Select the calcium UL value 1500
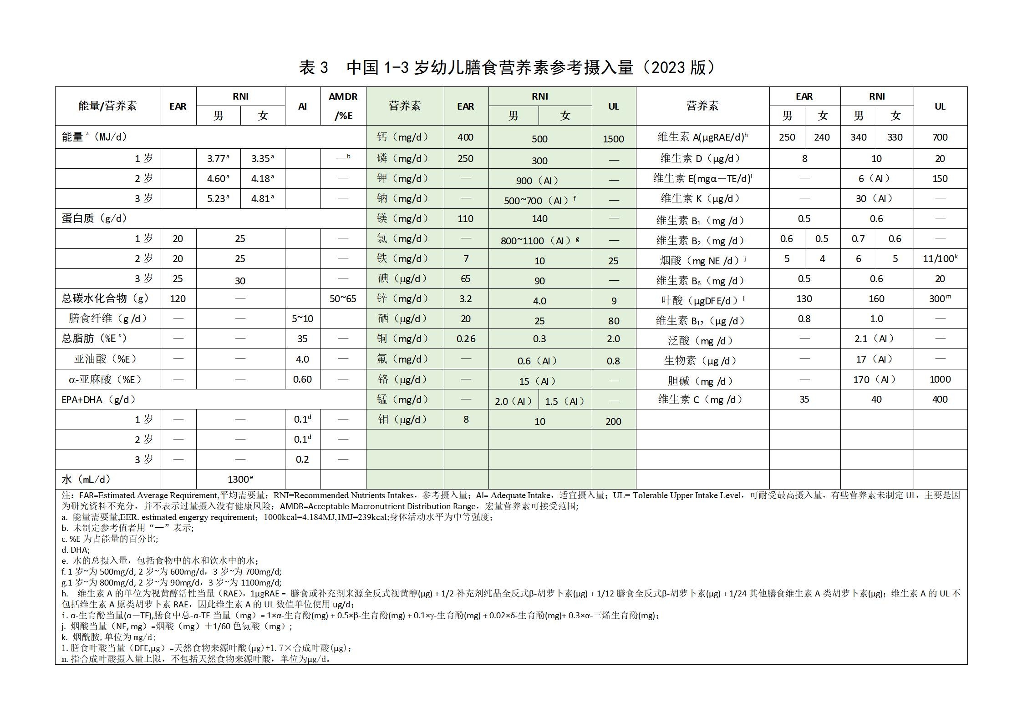point(613,139)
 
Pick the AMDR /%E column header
point(343,106)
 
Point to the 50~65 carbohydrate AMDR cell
point(343,299)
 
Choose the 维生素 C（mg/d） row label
point(702,399)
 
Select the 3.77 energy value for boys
point(217,159)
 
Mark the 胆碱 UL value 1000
point(940,379)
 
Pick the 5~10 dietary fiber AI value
point(302,319)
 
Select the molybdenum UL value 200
point(613,421)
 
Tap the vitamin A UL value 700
point(940,137)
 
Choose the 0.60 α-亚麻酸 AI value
point(302,379)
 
